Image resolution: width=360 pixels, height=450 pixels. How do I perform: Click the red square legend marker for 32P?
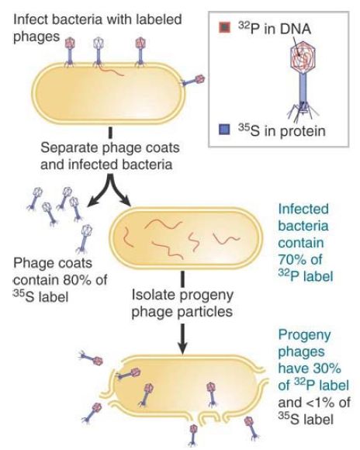[x=224, y=28]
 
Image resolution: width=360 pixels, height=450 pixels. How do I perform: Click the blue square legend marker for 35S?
[x=224, y=130]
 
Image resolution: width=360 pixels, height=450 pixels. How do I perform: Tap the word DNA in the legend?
[x=296, y=29]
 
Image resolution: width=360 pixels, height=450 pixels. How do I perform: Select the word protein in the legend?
[x=303, y=131]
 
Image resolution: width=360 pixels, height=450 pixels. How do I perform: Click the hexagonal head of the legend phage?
[x=303, y=57]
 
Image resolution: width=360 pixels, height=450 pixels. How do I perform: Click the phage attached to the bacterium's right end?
[x=193, y=80]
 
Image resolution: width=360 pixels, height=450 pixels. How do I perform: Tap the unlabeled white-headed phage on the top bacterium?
[x=98, y=52]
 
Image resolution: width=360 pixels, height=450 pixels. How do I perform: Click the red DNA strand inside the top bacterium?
[x=112, y=71]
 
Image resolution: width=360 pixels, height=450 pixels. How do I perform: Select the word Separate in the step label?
[x=69, y=147]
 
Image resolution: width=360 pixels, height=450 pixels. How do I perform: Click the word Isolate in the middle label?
[x=151, y=295]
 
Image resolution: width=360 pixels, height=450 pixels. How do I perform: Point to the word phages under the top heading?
[x=36, y=37]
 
